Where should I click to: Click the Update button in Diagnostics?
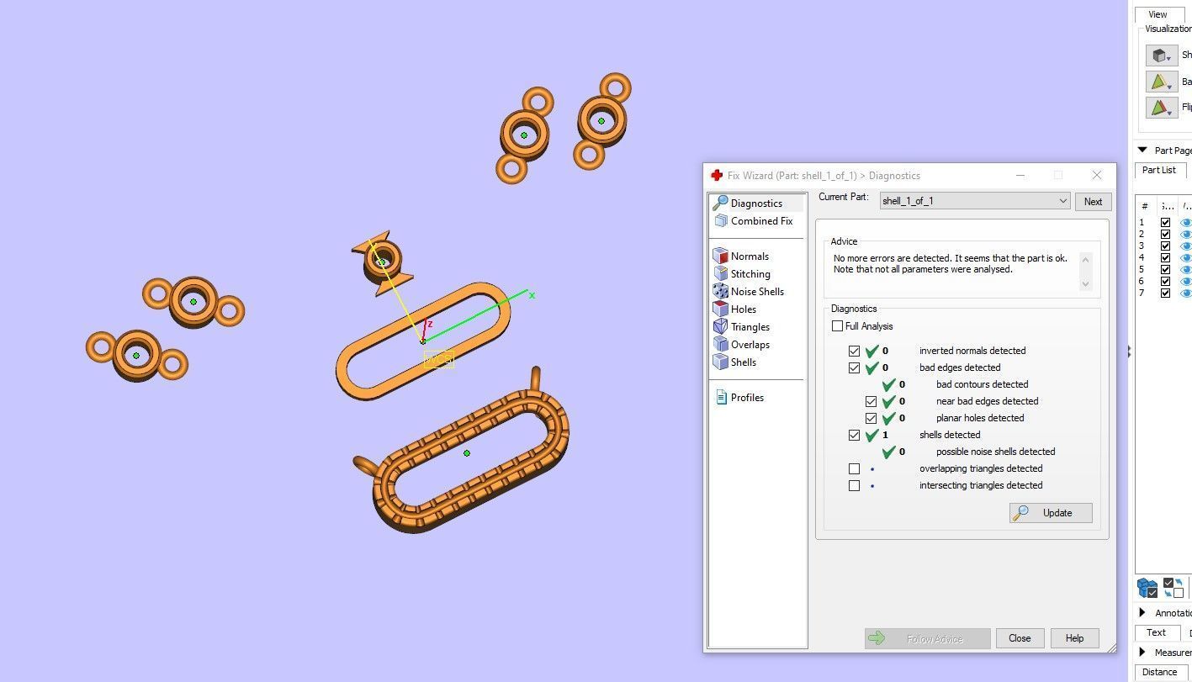click(1051, 513)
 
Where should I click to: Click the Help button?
click(1073, 638)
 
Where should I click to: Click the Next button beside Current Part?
click(1092, 202)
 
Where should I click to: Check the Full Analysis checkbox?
click(837, 326)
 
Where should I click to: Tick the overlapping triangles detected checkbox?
click(854, 468)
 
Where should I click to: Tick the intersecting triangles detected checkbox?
click(854, 485)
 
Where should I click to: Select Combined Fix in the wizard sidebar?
click(760, 221)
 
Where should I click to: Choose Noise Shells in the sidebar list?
click(756, 292)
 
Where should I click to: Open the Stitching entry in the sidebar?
click(750, 274)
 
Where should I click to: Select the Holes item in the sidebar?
click(743, 309)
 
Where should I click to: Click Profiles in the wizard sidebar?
click(746, 398)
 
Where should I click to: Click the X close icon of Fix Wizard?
click(1096, 175)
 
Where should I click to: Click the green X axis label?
click(532, 295)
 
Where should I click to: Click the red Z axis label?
click(430, 324)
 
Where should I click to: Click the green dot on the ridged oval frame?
click(467, 453)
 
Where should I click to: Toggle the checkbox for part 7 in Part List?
click(1165, 293)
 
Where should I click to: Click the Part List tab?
click(1158, 170)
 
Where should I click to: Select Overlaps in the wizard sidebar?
click(750, 345)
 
